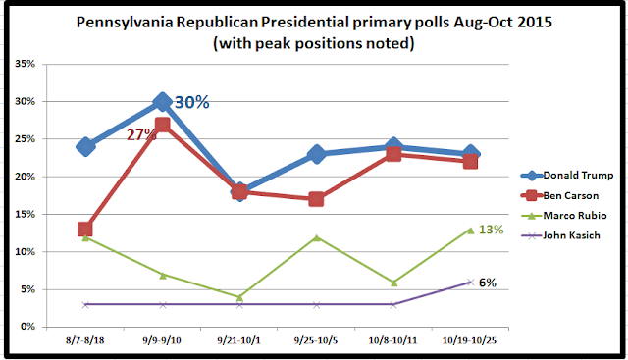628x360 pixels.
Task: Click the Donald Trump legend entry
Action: (567, 175)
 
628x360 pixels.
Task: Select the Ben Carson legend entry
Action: (559, 195)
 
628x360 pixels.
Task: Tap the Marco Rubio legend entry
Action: (563, 216)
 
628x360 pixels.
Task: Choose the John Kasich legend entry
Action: (560, 235)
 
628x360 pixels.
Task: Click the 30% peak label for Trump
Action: (192, 102)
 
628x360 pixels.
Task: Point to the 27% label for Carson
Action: (140, 135)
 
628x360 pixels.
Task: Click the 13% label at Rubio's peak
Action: (491, 230)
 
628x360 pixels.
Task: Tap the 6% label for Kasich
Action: (488, 283)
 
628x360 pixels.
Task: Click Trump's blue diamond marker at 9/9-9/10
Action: (162, 102)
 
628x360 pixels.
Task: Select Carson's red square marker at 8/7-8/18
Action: (85, 230)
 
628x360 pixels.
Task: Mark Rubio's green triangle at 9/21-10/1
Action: (239, 297)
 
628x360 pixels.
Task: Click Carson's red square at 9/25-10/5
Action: (316, 199)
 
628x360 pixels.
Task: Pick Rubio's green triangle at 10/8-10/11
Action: (393, 283)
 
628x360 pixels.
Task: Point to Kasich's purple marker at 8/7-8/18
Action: (85, 305)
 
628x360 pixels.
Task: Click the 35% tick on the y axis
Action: (25, 64)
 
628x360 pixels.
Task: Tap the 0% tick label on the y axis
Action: (27, 327)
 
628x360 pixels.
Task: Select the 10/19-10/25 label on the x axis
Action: (469, 340)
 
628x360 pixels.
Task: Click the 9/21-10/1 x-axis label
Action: (238, 340)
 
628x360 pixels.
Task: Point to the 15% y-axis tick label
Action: (25, 214)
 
